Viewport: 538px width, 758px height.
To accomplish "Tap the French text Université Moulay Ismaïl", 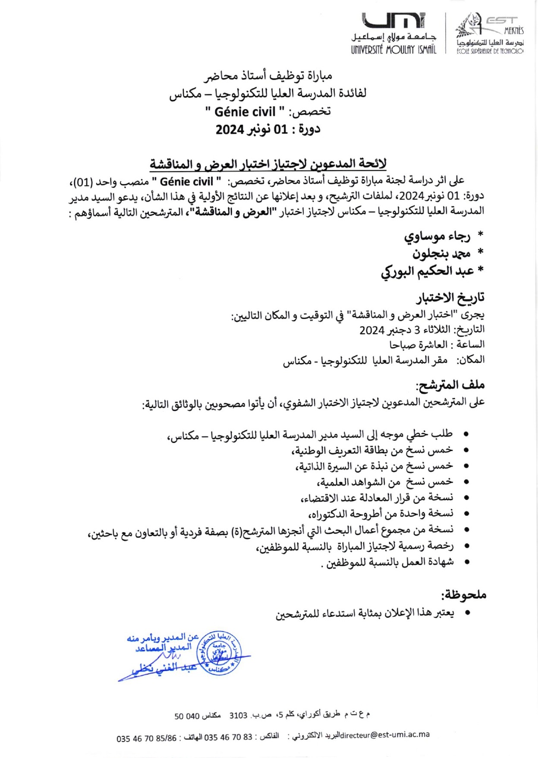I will pyautogui.click(x=393, y=50).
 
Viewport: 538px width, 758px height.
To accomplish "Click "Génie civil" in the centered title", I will pyautogui.click(x=245, y=112).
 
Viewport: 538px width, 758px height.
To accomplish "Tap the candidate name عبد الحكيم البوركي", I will pyautogui.click(x=427, y=272).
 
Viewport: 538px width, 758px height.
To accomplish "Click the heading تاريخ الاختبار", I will pyautogui.click(x=450, y=297).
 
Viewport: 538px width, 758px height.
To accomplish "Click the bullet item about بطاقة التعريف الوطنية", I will pyautogui.click(x=373, y=450).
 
